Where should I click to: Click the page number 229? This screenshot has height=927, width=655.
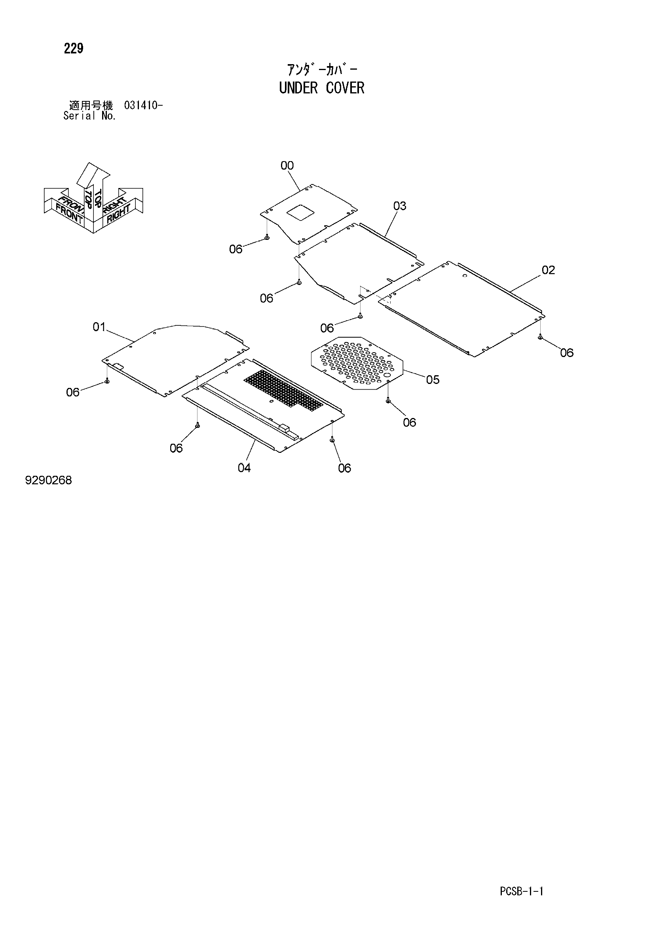(x=74, y=48)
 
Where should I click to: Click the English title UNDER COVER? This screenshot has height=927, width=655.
(x=322, y=87)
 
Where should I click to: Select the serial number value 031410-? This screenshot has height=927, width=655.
(x=143, y=106)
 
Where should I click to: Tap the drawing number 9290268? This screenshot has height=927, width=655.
(x=48, y=480)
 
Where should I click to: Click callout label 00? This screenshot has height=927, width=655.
(x=287, y=165)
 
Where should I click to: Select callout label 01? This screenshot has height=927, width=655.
(x=99, y=327)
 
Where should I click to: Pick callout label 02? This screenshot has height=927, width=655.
(x=549, y=270)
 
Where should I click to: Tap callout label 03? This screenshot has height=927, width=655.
(x=400, y=206)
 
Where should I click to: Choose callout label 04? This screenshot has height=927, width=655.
(x=244, y=467)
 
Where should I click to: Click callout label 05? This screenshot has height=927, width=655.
(x=433, y=380)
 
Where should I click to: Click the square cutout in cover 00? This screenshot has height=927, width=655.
(x=300, y=212)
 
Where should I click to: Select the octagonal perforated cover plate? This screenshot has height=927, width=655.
(x=357, y=363)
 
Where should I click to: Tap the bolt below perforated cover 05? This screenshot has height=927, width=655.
(x=388, y=401)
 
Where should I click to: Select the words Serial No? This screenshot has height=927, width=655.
(x=90, y=116)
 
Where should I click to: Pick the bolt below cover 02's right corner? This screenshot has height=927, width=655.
(x=540, y=337)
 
